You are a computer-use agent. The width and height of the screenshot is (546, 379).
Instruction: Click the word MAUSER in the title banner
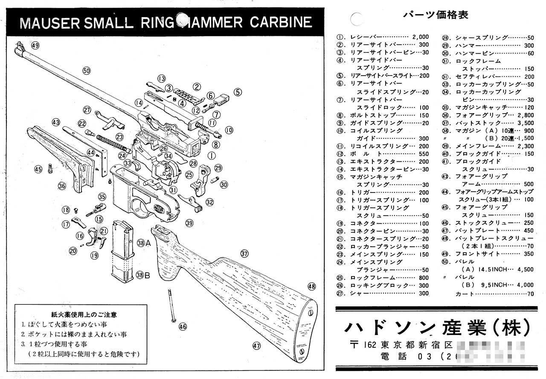50,23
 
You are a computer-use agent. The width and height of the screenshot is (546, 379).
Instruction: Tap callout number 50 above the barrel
87,71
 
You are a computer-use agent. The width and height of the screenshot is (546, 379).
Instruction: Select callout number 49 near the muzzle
35,46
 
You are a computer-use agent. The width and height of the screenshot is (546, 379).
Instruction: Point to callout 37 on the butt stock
244,254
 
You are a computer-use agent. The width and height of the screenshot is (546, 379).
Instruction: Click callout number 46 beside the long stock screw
183,327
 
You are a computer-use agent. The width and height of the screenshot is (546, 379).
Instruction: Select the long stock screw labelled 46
171,306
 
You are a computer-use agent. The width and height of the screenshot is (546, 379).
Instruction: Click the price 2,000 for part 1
420,37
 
